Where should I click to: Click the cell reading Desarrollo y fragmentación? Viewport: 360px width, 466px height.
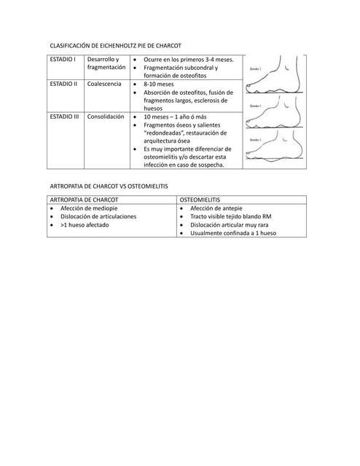106,63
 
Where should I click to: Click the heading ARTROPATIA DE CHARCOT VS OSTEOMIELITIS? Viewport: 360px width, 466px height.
109,186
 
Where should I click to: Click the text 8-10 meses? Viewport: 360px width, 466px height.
159,84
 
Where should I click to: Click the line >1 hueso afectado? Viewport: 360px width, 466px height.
85,225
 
